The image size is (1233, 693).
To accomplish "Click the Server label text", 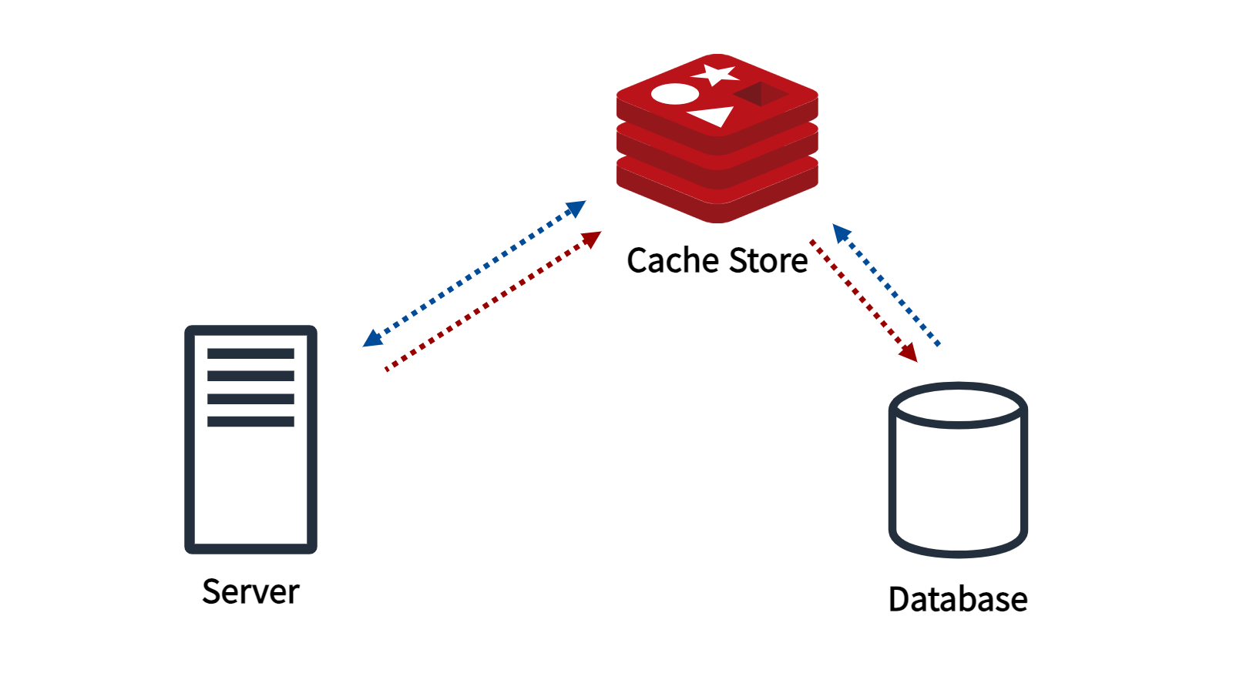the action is pyautogui.click(x=250, y=592).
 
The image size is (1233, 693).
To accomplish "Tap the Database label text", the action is pyautogui.click(x=958, y=599).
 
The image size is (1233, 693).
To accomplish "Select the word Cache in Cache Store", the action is pyautogui.click(x=670, y=260).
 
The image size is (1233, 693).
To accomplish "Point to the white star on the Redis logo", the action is pyautogui.click(x=714, y=75).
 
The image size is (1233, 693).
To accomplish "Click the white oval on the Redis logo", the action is pyautogui.click(x=675, y=94).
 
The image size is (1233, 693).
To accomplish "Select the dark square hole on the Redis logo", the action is pyautogui.click(x=761, y=94).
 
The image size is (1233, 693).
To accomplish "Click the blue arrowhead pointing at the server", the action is pyautogui.click(x=373, y=338).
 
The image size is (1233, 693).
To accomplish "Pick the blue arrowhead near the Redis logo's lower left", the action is pyautogui.click(x=576, y=209).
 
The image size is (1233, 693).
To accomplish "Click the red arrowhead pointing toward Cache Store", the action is pyautogui.click(x=591, y=239).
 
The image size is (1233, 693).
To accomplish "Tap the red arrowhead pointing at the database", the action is pyautogui.click(x=909, y=353).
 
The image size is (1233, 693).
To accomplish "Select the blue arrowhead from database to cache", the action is pyautogui.click(x=842, y=233).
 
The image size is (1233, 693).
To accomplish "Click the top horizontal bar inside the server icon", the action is pyautogui.click(x=250, y=353).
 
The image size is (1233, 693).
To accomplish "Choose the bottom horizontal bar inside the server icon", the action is pyautogui.click(x=250, y=421).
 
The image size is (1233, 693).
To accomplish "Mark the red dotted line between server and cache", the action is pyautogui.click(x=493, y=301).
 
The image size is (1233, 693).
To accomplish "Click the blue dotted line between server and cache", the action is pyautogui.click(x=474, y=274).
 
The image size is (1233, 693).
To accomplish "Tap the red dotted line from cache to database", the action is pyautogui.click(x=864, y=301).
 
